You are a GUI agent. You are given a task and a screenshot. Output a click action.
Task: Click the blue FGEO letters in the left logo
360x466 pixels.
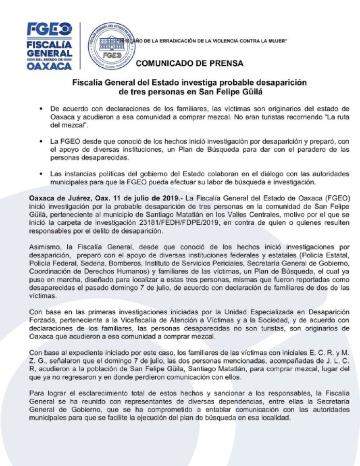click(50, 29)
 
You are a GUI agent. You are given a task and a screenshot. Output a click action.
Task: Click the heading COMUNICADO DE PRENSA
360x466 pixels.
click(189, 64)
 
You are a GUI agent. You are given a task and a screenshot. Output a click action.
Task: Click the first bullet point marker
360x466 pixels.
click(41, 109)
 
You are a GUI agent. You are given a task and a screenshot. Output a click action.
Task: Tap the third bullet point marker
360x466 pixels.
click(41, 172)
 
